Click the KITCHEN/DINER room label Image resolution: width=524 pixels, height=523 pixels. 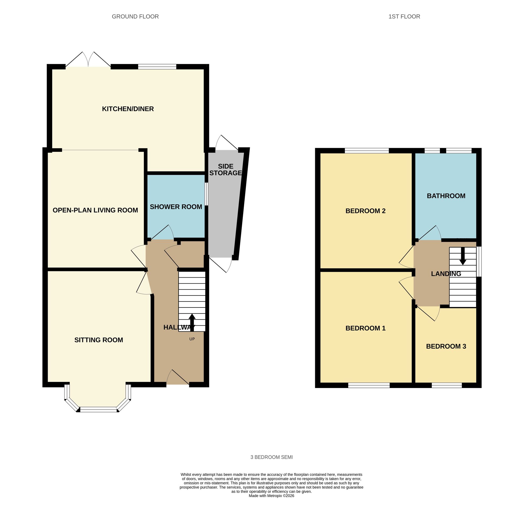[128, 109]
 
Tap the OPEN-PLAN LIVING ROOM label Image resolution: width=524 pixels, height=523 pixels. [95, 210]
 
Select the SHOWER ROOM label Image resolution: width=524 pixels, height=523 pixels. [176, 207]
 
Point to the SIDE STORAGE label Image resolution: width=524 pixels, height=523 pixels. [225, 170]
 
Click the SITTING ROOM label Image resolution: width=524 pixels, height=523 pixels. [99, 340]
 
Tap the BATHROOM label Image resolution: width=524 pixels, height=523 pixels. [446, 196]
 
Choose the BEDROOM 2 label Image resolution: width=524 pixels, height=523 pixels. [365, 211]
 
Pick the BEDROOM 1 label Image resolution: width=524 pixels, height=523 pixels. [365, 328]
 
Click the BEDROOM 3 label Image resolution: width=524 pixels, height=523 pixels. [446, 347]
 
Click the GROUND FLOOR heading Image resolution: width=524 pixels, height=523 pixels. [135, 17]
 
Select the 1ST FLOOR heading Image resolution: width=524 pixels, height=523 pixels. [404, 17]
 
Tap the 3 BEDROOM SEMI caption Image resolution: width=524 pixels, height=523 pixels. [271, 457]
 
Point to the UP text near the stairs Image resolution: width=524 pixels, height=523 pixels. [192, 339]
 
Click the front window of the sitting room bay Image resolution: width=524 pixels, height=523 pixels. [98, 410]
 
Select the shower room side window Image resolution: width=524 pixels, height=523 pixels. [206, 194]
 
